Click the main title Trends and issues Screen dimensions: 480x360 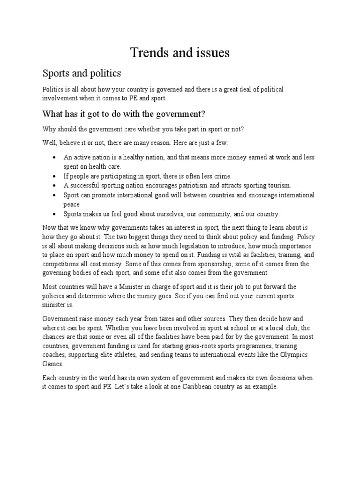180,53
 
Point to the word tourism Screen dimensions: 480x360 277,185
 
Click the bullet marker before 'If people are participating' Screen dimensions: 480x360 55,176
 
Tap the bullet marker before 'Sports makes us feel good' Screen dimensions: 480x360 55,214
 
